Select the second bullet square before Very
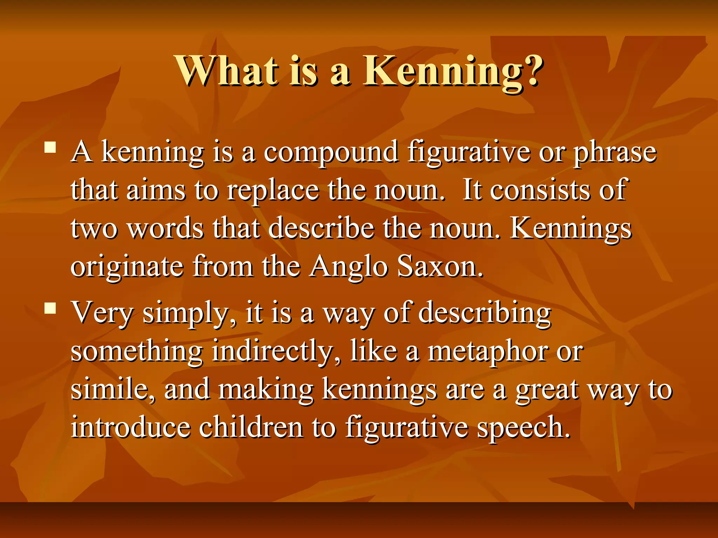point(50,308)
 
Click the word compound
point(331,153)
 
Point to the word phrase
point(615,153)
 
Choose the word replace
point(273,191)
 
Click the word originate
point(127,267)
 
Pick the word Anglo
point(349,267)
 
